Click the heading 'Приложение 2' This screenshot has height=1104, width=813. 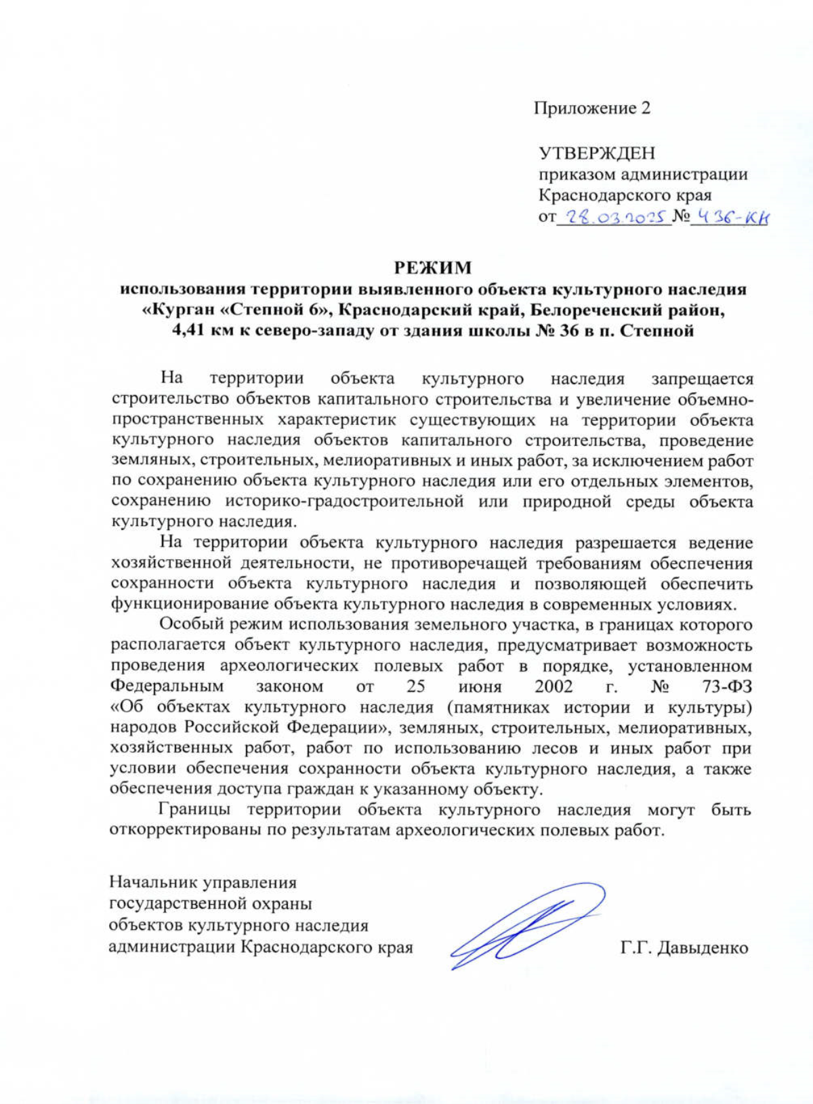click(x=591, y=108)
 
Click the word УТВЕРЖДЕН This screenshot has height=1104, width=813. click(x=597, y=153)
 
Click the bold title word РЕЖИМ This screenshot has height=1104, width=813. click(x=433, y=268)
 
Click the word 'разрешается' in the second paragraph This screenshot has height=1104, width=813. click(x=625, y=543)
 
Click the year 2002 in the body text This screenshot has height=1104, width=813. click(x=553, y=687)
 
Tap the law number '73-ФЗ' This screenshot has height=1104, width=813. click(x=727, y=687)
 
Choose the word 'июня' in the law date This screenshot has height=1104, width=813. click(x=480, y=687)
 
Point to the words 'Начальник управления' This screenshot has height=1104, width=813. click(x=203, y=882)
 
